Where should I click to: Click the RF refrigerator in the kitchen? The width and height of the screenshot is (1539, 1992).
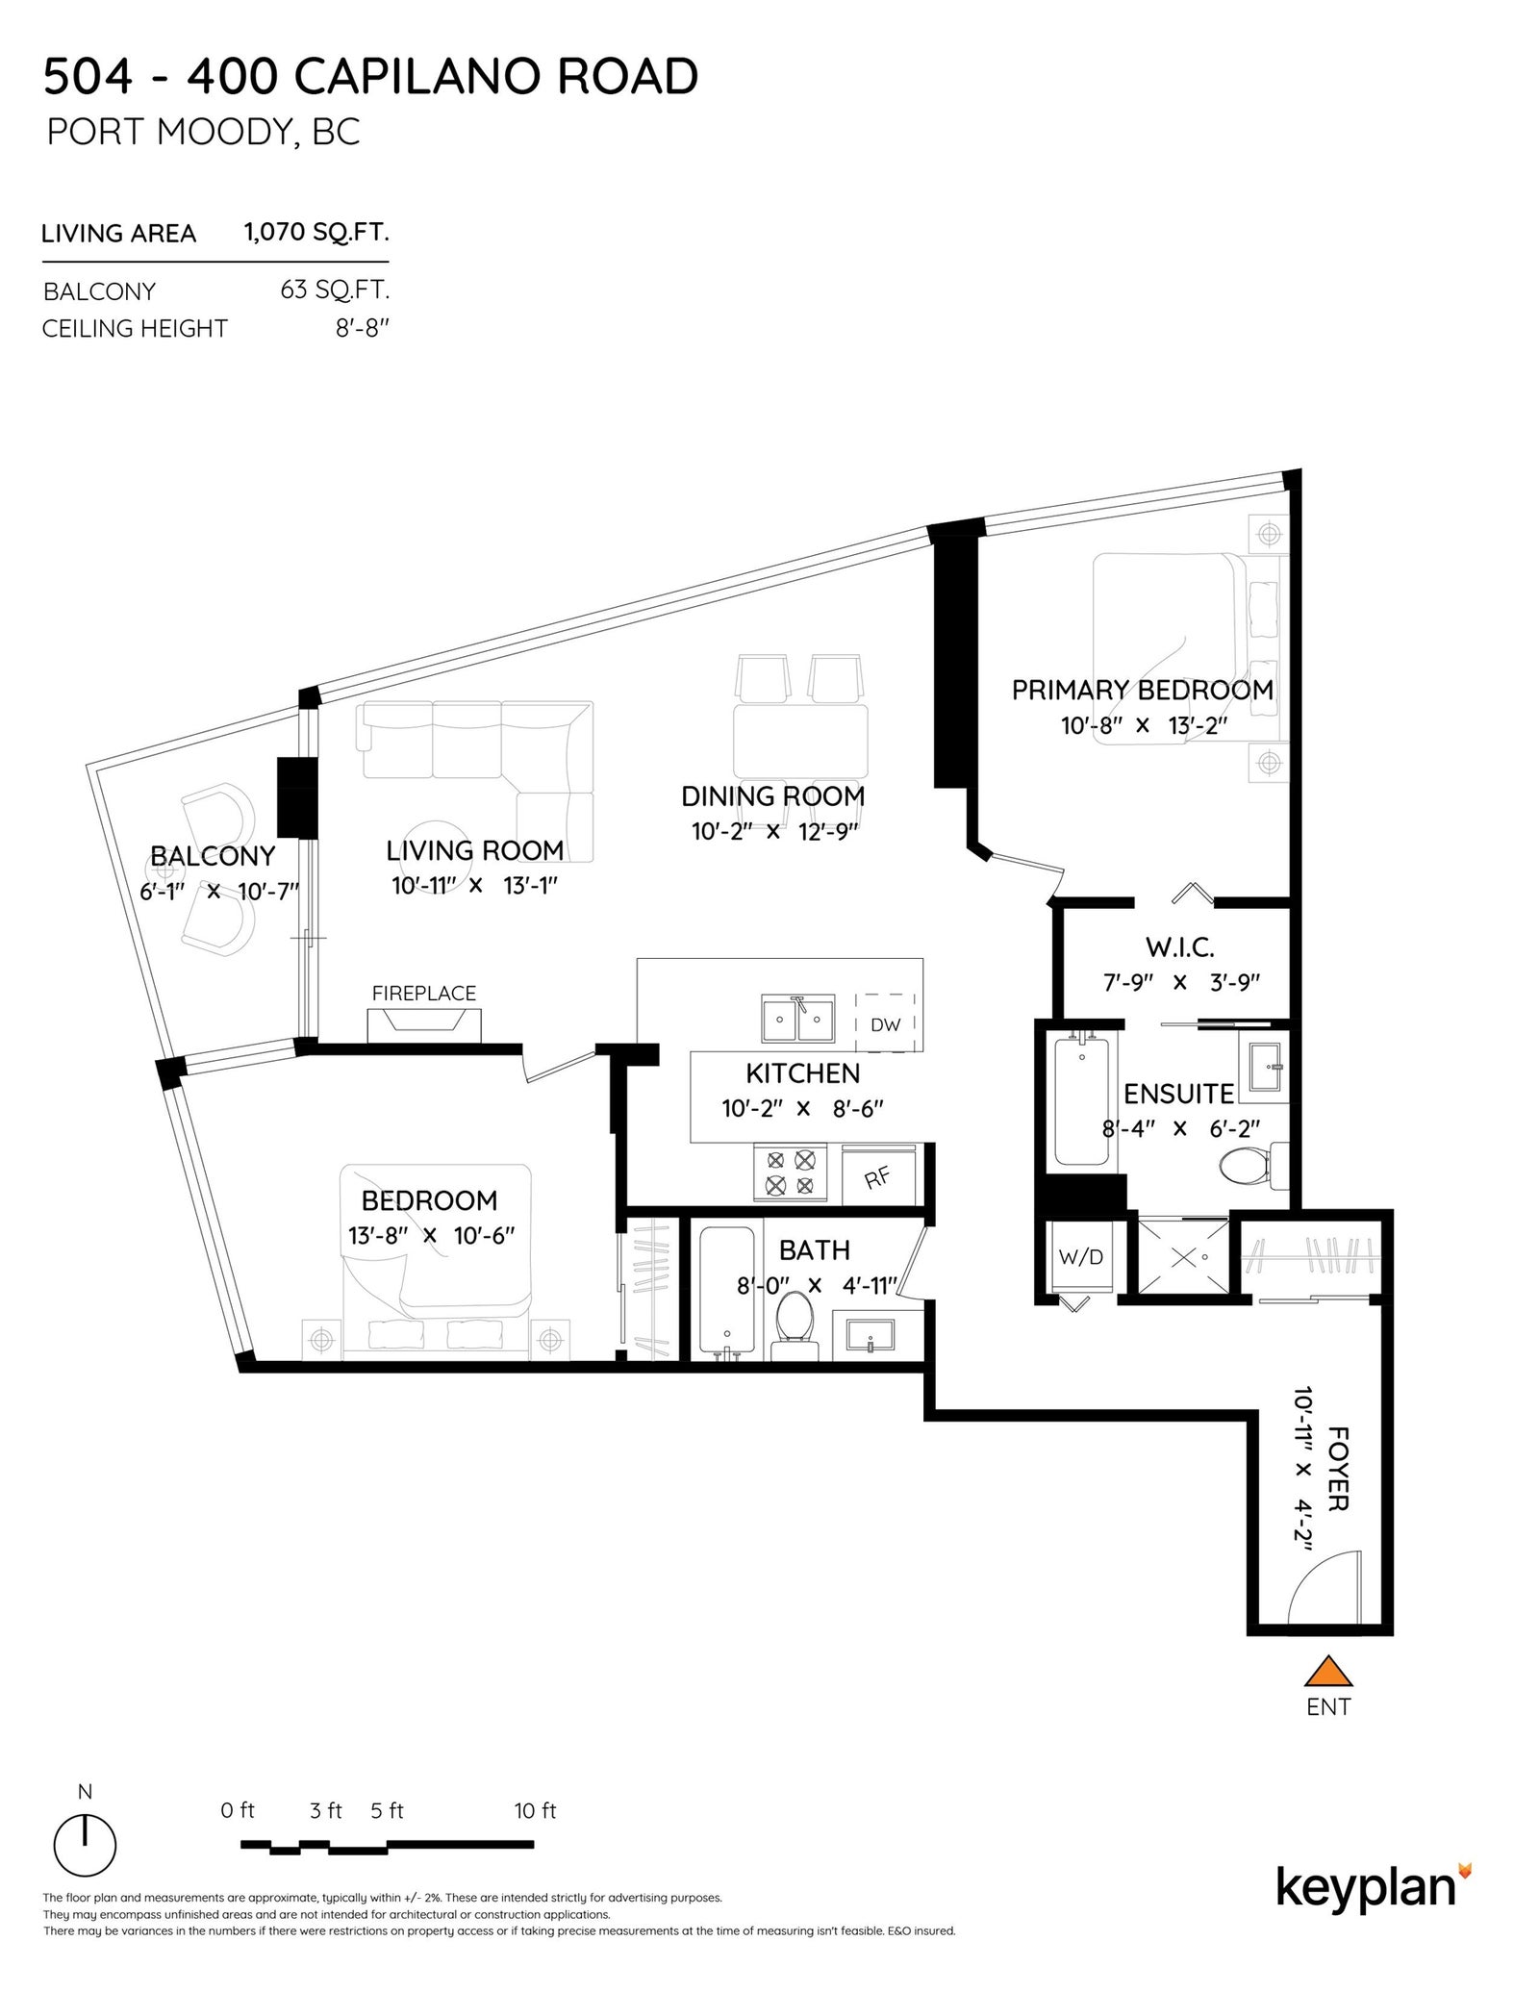coord(878,1174)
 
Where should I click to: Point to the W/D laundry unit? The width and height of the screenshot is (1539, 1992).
coord(1080,1257)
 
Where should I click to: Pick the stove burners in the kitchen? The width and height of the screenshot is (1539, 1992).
coord(790,1173)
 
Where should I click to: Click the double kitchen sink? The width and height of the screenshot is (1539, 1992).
coord(797,1020)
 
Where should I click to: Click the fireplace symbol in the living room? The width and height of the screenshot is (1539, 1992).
coord(424,1026)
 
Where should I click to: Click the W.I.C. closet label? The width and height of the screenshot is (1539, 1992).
coord(1180,947)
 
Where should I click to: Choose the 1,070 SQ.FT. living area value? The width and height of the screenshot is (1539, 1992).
coord(316,232)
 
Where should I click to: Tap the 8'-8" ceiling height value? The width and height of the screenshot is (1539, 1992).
coord(363,328)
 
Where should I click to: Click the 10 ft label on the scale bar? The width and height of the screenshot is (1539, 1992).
coord(536,1811)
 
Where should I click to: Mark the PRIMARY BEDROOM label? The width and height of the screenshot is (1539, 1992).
coord(1143,690)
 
